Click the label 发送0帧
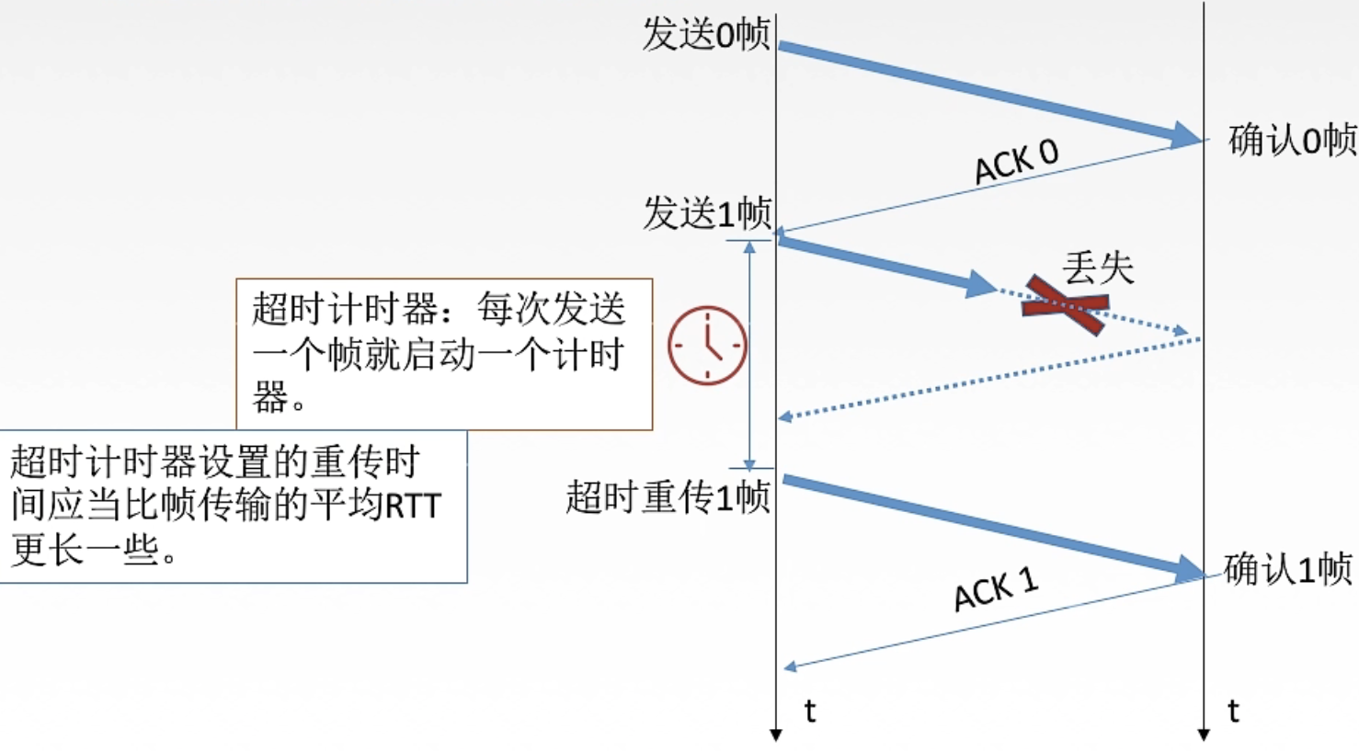click(x=705, y=34)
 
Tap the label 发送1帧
click(x=706, y=213)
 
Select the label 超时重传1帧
click(x=668, y=497)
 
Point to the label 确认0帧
click(x=1292, y=141)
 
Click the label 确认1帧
click(x=1287, y=569)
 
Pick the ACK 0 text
click(x=1016, y=162)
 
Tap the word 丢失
click(x=1098, y=268)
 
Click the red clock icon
click(x=707, y=345)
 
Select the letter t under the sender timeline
click(x=809, y=711)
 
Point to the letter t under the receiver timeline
click(x=1233, y=711)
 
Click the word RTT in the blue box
click(x=413, y=506)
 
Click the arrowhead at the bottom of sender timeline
click(x=776, y=735)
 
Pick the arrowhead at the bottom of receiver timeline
click(x=1204, y=735)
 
